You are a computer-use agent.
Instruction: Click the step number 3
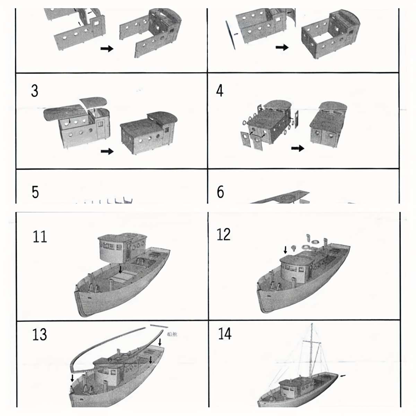coord(35,91)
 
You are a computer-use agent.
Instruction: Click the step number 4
coord(220,91)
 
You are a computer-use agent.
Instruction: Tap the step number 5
coord(35,192)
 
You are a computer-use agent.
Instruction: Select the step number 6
coord(220,192)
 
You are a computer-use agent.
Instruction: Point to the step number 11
coord(40,237)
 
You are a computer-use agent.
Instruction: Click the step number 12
coord(224,235)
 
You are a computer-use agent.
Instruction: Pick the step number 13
coord(39,335)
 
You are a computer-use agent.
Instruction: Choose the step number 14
coord(225,333)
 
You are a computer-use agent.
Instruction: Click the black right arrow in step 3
coord(107,151)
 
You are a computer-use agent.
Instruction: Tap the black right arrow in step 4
coord(297,148)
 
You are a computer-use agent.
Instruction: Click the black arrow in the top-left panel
coord(107,49)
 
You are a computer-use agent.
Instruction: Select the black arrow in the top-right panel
coord(282,47)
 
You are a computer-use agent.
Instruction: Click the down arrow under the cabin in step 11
coord(120,269)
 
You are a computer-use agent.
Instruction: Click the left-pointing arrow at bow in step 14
coord(343,375)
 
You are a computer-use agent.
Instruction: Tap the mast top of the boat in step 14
coord(312,326)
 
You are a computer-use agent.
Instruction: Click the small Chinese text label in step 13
coord(172,335)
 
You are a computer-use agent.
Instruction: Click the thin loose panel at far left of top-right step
coord(230,35)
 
